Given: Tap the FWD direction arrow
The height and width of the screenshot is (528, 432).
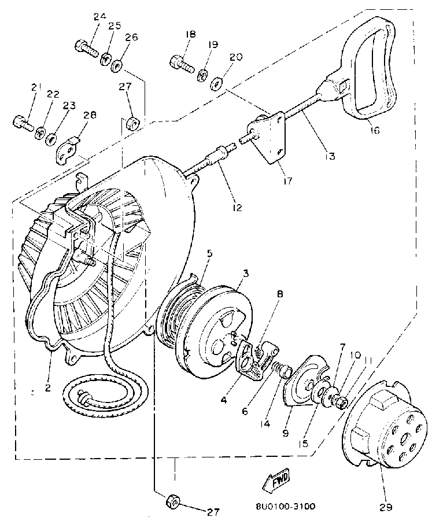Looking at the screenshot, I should pyautogui.click(x=275, y=479).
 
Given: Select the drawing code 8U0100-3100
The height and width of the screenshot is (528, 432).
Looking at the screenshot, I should pyautogui.click(x=285, y=507).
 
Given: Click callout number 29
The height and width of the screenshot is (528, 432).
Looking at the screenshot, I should pyautogui.click(x=385, y=508).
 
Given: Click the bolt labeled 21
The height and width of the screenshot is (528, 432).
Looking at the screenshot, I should pyautogui.click(x=22, y=122).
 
